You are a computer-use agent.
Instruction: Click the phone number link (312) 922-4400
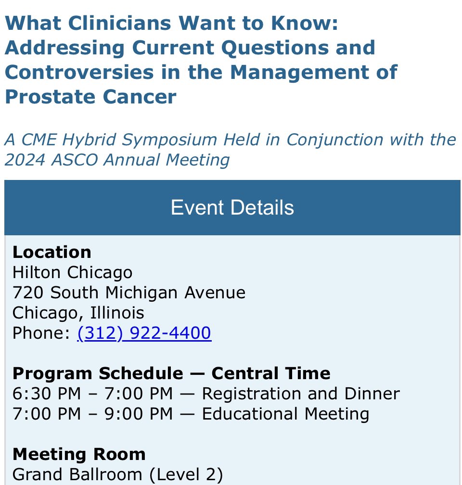(x=144, y=333)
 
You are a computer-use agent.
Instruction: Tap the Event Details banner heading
(x=232, y=207)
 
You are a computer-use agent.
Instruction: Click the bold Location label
(x=52, y=252)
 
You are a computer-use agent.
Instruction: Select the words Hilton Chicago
(x=72, y=272)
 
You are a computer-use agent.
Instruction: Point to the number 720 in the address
(x=28, y=293)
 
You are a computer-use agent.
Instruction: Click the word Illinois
(x=117, y=313)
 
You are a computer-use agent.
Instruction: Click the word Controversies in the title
(x=79, y=72)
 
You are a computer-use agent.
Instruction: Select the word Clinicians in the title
(x=120, y=23)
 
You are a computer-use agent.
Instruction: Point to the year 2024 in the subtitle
(x=25, y=160)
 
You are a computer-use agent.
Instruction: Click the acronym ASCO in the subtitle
(x=75, y=160)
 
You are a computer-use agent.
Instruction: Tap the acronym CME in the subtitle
(x=39, y=140)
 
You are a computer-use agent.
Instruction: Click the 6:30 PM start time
(x=46, y=394)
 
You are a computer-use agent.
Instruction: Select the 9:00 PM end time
(x=138, y=414)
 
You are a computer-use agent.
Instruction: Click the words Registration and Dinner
(x=301, y=394)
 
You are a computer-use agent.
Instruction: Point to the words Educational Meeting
(x=285, y=414)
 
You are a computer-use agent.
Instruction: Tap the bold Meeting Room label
(x=79, y=454)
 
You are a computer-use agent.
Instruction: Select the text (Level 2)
(x=186, y=474)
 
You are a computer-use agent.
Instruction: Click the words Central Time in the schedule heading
(x=271, y=373)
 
